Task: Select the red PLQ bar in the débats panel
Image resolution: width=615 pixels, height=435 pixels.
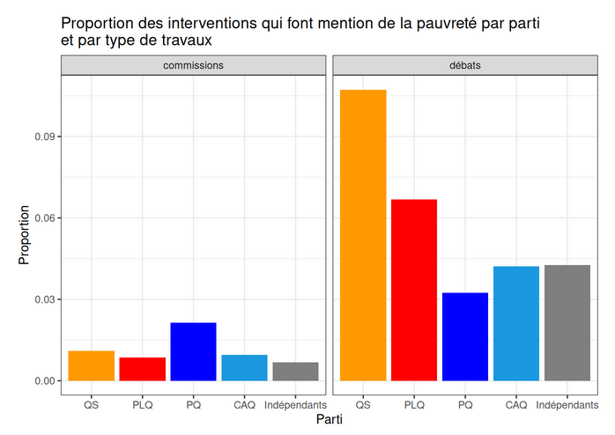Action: click(x=414, y=290)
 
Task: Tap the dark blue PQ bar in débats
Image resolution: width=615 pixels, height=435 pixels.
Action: click(x=465, y=336)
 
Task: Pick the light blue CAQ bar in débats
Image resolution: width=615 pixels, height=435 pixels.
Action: click(x=516, y=323)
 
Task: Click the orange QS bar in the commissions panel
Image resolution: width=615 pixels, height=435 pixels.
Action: click(x=92, y=365)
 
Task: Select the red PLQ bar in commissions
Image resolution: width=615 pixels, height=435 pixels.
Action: click(x=143, y=369)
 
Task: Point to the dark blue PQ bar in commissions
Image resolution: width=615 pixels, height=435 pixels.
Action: click(x=194, y=351)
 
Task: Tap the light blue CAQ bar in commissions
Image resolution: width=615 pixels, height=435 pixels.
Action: click(x=245, y=367)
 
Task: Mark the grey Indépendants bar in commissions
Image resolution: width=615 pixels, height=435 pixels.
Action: click(x=296, y=372)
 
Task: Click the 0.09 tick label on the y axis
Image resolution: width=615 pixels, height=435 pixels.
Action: click(x=46, y=136)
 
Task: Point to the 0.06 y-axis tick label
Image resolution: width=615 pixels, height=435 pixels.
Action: click(x=46, y=218)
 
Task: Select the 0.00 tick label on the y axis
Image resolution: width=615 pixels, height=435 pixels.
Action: click(x=46, y=381)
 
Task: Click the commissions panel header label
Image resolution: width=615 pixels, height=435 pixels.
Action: click(x=194, y=65)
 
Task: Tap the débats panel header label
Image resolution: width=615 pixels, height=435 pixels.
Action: click(x=465, y=65)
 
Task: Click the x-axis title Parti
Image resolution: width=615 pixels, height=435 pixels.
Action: click(x=330, y=421)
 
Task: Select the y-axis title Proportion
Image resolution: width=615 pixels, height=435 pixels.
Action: click(x=25, y=235)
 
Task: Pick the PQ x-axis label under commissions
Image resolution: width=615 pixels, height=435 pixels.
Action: click(x=194, y=404)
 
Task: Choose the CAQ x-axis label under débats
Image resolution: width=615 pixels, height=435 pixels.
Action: click(x=516, y=404)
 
